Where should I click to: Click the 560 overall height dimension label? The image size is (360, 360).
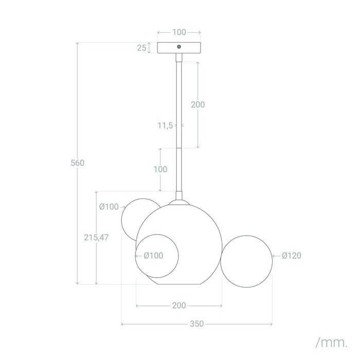tap(77, 163)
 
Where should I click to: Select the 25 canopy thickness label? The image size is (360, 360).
tap(141, 48)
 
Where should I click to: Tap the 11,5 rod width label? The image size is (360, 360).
tap(165, 125)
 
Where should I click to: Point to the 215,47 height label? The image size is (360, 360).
tap(96, 238)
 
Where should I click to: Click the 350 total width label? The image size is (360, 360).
tap(197, 323)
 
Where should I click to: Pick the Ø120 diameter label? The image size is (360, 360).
tap(292, 256)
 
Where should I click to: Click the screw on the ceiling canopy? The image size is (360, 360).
tap(179, 47)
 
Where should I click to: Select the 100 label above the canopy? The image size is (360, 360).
tap(179, 32)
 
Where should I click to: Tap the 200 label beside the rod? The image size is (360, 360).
tap(198, 104)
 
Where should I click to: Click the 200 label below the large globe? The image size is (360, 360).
tap(179, 305)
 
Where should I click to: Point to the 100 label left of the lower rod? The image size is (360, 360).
tap(160, 169)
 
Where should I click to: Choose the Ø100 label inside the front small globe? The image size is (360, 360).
tap(153, 256)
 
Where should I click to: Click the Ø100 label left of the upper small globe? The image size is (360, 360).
tap(109, 207)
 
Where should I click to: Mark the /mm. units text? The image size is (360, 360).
tap(332, 343)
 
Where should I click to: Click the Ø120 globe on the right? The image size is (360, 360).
tap(246, 261)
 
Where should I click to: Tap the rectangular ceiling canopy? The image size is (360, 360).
tap(179, 48)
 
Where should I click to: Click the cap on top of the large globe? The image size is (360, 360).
tap(179, 202)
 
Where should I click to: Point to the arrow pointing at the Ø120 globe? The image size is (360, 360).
tap(276, 256)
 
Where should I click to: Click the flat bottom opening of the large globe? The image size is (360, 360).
tap(179, 284)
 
